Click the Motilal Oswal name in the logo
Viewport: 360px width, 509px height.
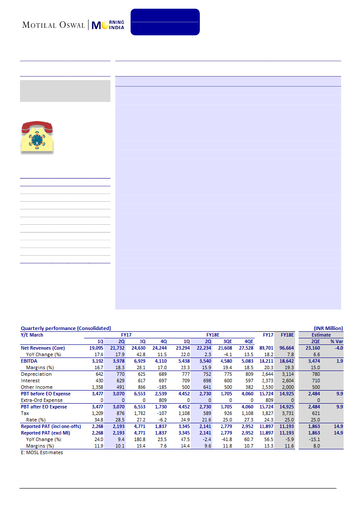[x=54, y=24]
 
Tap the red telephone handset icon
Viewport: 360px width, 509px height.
[x=37, y=128]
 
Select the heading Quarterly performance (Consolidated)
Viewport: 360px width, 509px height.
[x=66, y=328]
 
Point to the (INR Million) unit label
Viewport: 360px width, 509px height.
[x=328, y=328]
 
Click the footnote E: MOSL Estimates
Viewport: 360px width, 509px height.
[x=42, y=452]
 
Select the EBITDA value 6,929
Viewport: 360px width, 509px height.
[x=138, y=361]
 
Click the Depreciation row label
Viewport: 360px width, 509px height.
[x=36, y=374]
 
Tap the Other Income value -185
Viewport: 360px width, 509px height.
[x=162, y=387]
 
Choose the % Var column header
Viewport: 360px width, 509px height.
[x=336, y=341]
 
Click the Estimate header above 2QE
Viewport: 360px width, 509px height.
[x=321, y=335]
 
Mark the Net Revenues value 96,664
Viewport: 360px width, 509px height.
[x=286, y=348]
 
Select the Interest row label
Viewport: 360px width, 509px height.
[x=30, y=381]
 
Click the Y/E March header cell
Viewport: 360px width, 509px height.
[x=32, y=335]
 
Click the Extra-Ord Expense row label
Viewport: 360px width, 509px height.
[x=42, y=400]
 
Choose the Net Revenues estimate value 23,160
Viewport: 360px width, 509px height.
[x=312, y=348]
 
